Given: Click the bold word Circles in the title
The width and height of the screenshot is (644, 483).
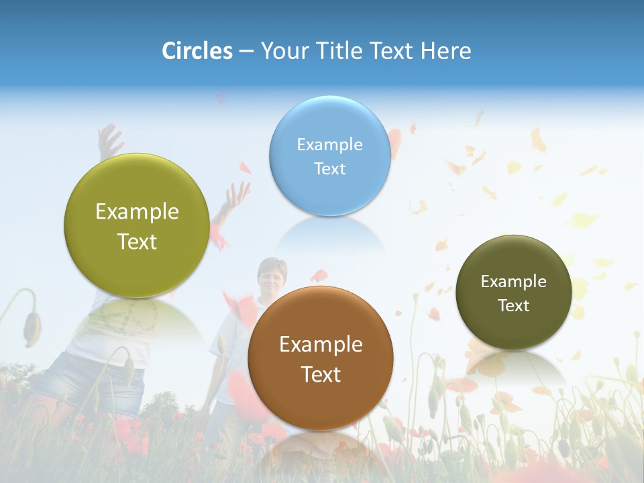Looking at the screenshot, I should click(x=197, y=51).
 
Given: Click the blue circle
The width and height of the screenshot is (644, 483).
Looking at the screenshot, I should click(x=329, y=156).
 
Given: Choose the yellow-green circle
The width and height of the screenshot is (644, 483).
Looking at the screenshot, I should click(x=137, y=225).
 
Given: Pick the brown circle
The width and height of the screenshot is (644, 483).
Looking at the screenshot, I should click(x=321, y=358).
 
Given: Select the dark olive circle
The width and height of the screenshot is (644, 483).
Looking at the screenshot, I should click(x=513, y=292).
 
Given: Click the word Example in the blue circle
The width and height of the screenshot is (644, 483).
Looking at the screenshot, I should click(x=329, y=144).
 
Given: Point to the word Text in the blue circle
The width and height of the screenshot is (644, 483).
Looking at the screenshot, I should click(x=329, y=168).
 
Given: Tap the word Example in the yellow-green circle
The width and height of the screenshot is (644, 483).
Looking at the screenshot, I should click(x=137, y=212).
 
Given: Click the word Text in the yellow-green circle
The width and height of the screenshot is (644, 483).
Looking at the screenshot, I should click(x=137, y=241).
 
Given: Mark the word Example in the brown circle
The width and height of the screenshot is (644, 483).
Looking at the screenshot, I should click(x=321, y=345).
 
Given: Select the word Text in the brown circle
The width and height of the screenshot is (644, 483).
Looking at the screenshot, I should click(x=321, y=374).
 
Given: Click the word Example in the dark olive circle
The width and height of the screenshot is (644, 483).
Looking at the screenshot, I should click(x=513, y=281).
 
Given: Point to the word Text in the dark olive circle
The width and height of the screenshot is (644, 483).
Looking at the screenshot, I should click(x=513, y=306).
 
